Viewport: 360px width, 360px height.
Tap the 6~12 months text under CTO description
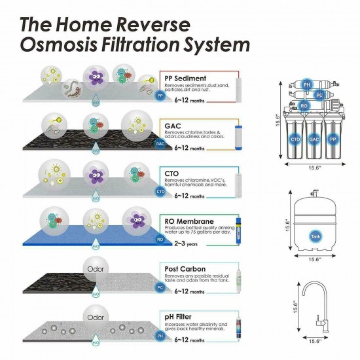[190, 196]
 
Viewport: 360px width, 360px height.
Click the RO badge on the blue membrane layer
[160, 240]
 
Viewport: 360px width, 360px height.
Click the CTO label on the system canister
[295, 140]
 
